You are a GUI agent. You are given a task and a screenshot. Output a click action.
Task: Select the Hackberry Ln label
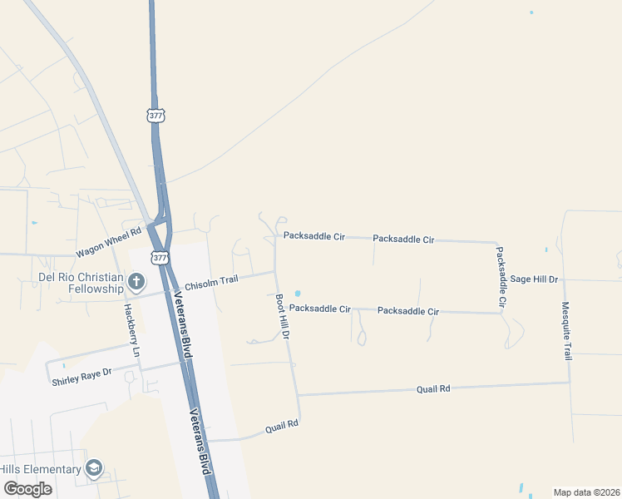pyautogui.click(x=130, y=330)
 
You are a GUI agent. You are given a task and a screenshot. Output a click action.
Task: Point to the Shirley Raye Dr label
pyautogui.click(x=81, y=382)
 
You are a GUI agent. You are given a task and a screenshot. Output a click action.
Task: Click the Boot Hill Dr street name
pyautogui.click(x=282, y=316)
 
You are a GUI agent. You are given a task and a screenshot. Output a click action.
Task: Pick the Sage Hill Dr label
pyautogui.click(x=534, y=279)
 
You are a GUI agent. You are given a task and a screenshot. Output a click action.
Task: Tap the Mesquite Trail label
pyautogui.click(x=567, y=330)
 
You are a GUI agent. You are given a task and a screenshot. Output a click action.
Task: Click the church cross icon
pyautogui.click(x=137, y=283)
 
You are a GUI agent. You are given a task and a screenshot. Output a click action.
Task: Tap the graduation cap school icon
pyautogui.click(x=94, y=469)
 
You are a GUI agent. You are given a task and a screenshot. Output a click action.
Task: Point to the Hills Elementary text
pyautogui.click(x=41, y=469)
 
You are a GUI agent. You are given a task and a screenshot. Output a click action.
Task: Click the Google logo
pyautogui.click(x=27, y=488)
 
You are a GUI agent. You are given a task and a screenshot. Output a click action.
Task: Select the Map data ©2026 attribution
pyautogui.click(x=586, y=492)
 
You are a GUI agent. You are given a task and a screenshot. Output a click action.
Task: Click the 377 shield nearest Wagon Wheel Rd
pyautogui.click(x=158, y=257)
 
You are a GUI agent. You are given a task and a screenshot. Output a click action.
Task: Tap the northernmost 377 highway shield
pyautogui.click(x=155, y=116)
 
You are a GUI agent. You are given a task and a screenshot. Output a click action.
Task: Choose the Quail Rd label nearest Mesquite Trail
pyautogui.click(x=433, y=388)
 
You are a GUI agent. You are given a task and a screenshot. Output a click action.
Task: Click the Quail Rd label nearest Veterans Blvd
pyautogui.click(x=281, y=426)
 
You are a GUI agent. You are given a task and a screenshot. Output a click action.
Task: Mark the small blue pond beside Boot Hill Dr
pyautogui.click(x=297, y=294)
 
